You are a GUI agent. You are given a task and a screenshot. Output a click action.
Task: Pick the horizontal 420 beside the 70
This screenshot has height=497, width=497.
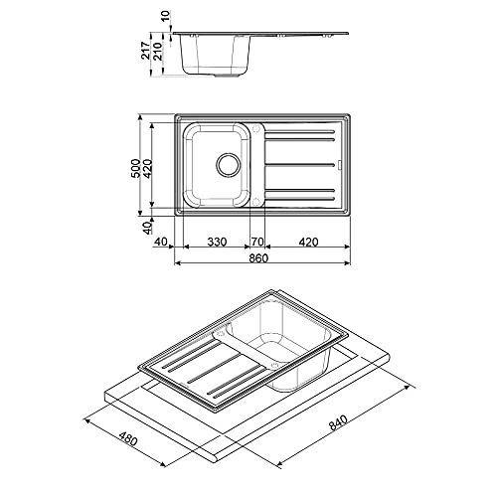click(x=307, y=242)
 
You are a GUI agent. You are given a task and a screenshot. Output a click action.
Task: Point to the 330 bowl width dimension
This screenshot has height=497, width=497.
click(x=219, y=242)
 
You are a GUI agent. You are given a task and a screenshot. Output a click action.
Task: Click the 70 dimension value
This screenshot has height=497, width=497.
click(x=256, y=242)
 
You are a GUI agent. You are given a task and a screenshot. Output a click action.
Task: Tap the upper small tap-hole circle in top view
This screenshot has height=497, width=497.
click(x=256, y=127)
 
